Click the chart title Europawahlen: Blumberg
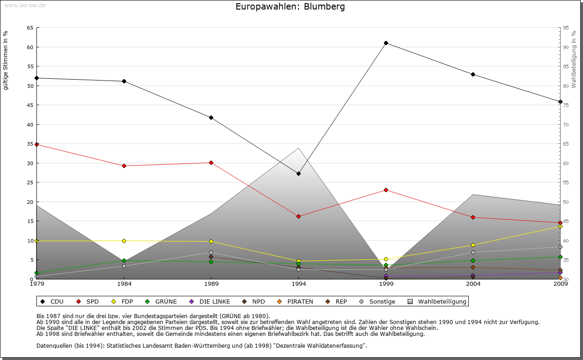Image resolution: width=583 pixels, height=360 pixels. click(x=290, y=7)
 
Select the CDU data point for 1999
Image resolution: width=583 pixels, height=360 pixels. click(x=386, y=43)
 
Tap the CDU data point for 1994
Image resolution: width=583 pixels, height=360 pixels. click(x=298, y=173)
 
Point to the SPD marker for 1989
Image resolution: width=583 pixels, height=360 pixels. click(x=211, y=162)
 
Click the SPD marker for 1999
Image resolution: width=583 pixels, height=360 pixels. click(x=386, y=190)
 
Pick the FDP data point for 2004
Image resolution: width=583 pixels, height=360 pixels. click(x=473, y=245)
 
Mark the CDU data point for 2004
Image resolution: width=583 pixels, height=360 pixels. click(x=473, y=74)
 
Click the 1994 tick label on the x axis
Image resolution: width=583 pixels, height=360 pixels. click(x=299, y=284)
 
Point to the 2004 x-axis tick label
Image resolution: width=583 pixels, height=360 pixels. click(x=473, y=284)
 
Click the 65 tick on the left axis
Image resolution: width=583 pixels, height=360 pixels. click(x=30, y=28)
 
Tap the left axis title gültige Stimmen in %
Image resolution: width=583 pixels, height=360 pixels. click(x=6, y=60)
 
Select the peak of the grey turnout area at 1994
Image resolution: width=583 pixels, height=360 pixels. click(x=298, y=148)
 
